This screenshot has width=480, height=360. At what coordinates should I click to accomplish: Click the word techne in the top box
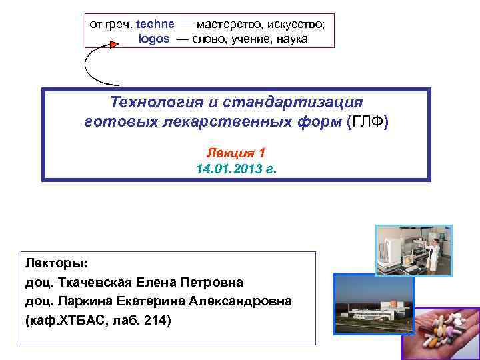coord(155,23)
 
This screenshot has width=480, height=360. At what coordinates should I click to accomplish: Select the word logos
coord(154,39)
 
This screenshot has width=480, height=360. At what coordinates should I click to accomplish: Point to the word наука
coord(291,39)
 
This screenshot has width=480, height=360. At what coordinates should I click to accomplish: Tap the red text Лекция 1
coord(236,152)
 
